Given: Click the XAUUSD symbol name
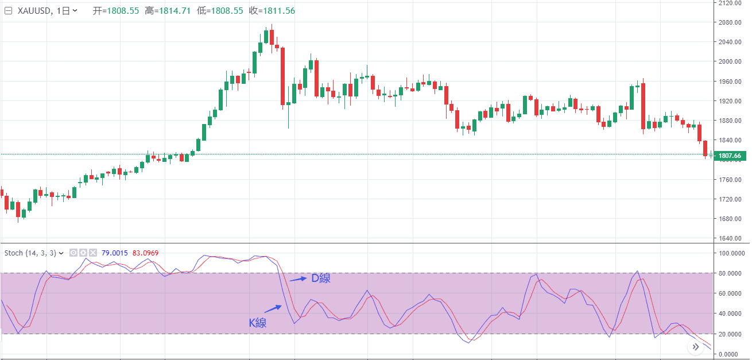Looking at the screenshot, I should point(36,11).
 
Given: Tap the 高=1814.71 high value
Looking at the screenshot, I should point(167,11).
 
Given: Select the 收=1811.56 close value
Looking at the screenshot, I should point(272,11).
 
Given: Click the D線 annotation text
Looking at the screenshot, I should point(320,278).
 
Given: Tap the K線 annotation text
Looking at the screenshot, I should point(257,323).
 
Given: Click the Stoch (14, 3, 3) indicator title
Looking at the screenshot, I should point(31,253).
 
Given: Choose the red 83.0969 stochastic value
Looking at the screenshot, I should point(145,253).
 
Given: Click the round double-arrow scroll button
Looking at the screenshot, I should point(696,347).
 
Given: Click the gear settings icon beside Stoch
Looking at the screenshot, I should point(83,253).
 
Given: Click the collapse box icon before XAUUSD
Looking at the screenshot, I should point(8,11).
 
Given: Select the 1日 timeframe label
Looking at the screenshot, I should point(67,11).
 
